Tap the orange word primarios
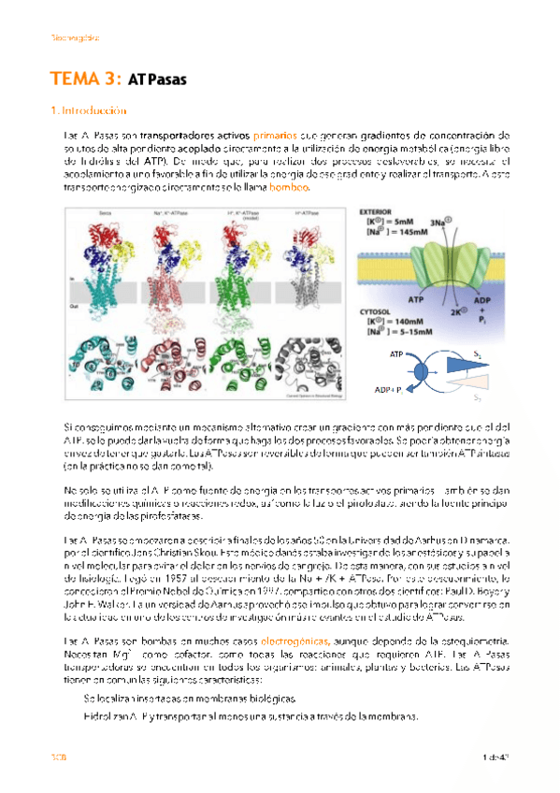(x=276, y=137)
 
